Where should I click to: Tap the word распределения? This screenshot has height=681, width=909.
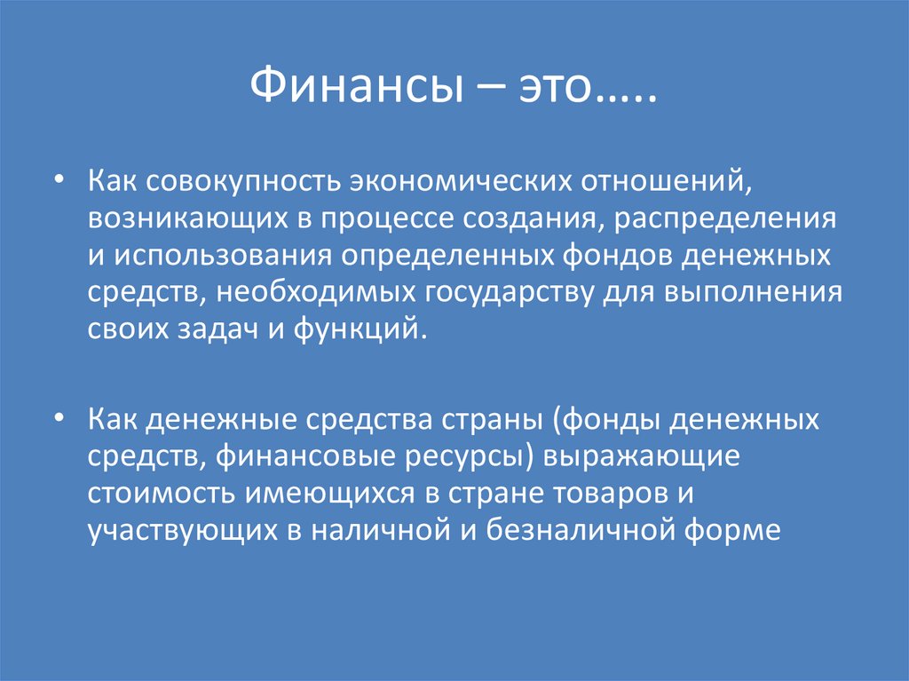(x=738, y=218)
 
